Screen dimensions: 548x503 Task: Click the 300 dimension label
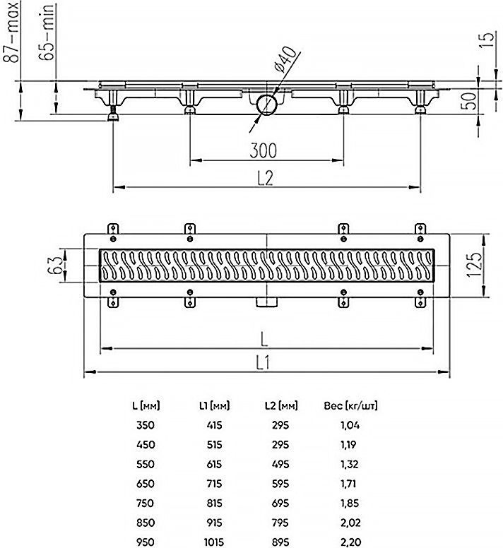pyautogui.click(x=263, y=150)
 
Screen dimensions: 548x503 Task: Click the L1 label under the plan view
pyautogui.click(x=263, y=363)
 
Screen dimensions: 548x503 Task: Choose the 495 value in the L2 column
pyautogui.click(x=280, y=464)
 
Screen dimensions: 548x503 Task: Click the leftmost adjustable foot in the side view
pyautogui.click(x=114, y=113)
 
